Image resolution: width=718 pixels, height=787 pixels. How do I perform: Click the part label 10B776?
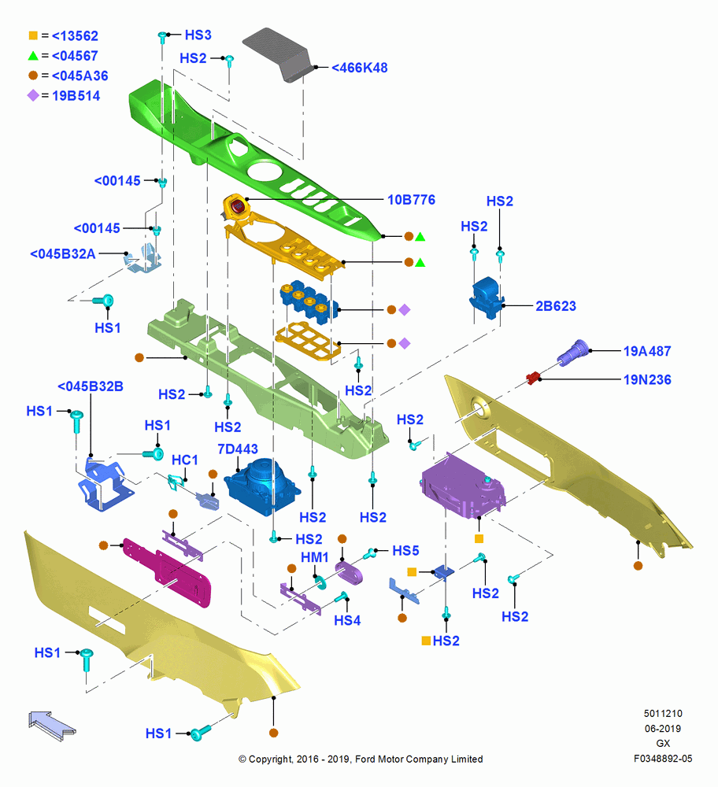point(411,200)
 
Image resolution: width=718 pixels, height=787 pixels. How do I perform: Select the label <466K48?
point(360,68)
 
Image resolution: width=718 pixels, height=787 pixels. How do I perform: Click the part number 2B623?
point(556,306)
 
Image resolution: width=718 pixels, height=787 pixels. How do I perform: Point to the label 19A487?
point(647,351)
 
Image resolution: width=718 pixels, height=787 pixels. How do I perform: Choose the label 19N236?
point(647,380)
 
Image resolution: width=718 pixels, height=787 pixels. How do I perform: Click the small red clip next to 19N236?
point(532,377)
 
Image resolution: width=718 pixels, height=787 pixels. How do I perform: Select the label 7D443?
point(238,449)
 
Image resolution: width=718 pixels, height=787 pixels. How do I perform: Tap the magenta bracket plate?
point(167,572)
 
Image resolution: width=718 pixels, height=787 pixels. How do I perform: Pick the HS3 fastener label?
point(198,35)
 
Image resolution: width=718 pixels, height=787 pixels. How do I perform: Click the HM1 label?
point(315,558)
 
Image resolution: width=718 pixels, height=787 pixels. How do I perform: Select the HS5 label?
point(405,551)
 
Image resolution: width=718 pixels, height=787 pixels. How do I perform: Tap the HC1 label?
point(185,460)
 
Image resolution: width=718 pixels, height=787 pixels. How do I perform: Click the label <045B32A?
point(63,254)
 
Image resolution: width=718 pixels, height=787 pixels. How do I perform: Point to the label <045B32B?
point(91,386)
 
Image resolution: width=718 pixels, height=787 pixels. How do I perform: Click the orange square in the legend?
point(33,35)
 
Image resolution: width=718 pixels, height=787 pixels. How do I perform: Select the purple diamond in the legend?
point(33,95)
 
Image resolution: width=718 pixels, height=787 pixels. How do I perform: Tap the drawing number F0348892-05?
point(663,759)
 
